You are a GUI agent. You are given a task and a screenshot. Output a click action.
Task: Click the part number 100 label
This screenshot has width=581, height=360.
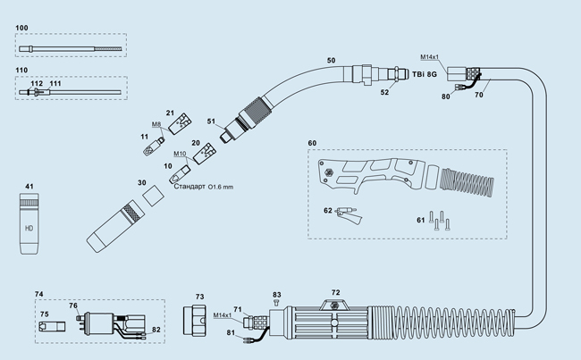click(22, 29)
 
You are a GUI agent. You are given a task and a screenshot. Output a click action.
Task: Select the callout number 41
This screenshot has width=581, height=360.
click(29, 187)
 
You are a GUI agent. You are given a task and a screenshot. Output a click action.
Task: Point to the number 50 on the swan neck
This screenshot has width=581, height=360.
click(331, 60)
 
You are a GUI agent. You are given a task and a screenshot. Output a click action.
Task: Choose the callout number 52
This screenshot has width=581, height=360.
click(385, 92)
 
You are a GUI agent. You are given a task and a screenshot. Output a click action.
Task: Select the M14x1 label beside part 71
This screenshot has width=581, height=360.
click(223, 315)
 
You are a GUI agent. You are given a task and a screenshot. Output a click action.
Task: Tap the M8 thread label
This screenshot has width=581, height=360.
click(156, 124)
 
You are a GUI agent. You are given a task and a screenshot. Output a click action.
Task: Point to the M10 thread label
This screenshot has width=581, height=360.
click(180, 154)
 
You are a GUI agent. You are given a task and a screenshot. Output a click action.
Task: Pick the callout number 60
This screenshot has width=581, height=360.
click(312, 144)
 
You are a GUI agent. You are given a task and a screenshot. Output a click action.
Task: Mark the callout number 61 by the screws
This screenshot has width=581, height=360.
click(420, 219)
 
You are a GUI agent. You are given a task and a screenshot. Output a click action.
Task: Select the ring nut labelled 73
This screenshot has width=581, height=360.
click(198, 317)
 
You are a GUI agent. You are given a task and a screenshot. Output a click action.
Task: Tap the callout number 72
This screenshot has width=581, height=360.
click(335, 292)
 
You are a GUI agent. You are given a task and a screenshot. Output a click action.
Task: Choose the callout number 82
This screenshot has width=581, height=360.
click(156, 330)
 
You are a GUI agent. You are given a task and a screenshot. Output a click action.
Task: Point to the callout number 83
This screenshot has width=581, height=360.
click(277, 294)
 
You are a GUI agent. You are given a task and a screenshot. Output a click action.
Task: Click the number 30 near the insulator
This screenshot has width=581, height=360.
click(141, 182)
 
